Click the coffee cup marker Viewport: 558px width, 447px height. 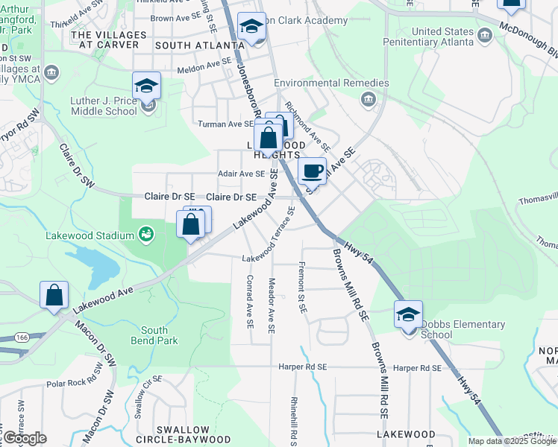click(x=313, y=171)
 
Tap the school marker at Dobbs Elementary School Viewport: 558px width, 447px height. click(x=408, y=314)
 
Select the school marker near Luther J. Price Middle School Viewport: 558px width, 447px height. click(x=146, y=86)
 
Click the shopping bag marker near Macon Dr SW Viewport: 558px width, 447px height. click(x=54, y=295)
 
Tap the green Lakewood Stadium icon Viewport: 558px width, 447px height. click(x=146, y=235)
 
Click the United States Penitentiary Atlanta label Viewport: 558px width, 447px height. click(x=443, y=37)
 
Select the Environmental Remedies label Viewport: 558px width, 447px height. click(x=331, y=83)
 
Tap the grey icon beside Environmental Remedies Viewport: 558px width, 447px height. click(x=369, y=99)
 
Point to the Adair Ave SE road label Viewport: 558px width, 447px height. click(x=240, y=174)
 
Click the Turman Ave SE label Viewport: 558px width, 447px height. click(x=225, y=124)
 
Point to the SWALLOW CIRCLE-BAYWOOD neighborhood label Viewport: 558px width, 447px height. click(x=183, y=434)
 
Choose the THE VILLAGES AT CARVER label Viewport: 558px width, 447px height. click(x=104, y=39)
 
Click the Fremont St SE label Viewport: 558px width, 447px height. click(x=302, y=288)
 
